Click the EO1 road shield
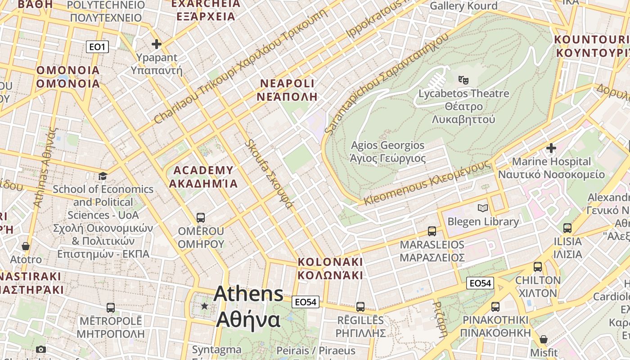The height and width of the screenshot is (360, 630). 98,47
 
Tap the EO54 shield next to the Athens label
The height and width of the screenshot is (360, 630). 306,302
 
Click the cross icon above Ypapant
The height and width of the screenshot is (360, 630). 157,44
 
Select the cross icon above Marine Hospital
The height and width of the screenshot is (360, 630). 551,148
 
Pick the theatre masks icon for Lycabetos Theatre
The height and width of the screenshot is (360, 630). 463,80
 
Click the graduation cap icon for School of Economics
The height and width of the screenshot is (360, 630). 103,176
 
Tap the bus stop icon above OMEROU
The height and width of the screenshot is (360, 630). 201,218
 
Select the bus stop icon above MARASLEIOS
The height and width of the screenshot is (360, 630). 432,231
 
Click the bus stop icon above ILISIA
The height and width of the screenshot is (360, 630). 567,228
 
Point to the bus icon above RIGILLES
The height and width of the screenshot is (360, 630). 360,307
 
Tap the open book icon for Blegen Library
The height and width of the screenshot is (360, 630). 483,208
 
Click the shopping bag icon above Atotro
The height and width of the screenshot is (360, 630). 26,246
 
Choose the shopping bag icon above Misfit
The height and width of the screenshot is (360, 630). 544,339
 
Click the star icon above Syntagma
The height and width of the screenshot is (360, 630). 205,306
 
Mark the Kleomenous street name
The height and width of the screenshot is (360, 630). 427,183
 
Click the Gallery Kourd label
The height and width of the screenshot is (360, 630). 463,6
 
